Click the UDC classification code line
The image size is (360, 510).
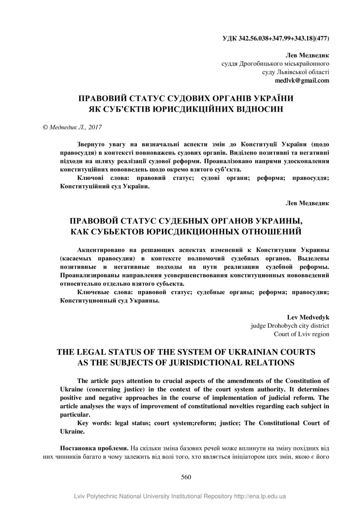pyautogui.click(x=276, y=39)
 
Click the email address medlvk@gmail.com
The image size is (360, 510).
pyautogui.click(x=302, y=81)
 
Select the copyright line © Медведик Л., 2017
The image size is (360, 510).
pyautogui.click(x=72, y=128)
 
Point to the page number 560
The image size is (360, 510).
pyautogui.click(x=186, y=477)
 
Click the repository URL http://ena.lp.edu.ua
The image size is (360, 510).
pyautogui.click(x=260, y=496)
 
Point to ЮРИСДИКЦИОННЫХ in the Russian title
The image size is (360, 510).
pyautogui.click(x=191, y=232)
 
